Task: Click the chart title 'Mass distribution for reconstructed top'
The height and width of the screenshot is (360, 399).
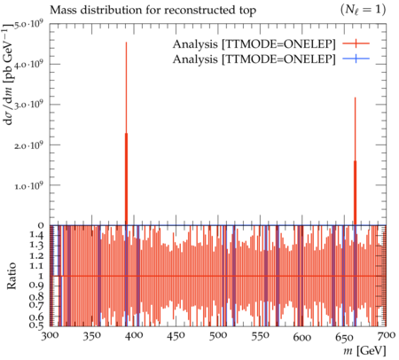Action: tap(153, 10)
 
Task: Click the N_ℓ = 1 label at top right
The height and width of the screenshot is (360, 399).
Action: tap(364, 10)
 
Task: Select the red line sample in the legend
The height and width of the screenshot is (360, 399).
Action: tap(356, 43)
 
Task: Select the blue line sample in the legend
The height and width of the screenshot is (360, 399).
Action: tap(356, 59)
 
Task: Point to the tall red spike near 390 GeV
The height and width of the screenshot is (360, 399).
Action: tap(126, 133)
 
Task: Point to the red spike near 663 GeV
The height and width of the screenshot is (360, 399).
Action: tap(355, 161)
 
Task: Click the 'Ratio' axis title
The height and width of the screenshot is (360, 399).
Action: tap(12, 276)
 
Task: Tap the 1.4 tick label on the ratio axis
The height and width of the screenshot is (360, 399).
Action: tap(37, 236)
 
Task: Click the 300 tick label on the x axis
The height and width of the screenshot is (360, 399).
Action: tap(50, 336)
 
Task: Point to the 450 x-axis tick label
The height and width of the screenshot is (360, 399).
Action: tap(176, 336)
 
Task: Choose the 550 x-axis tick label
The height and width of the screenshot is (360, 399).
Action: tap(260, 336)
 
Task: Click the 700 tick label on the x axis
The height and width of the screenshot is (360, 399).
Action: tap(386, 336)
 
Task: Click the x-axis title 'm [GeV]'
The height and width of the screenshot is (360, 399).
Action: tap(364, 351)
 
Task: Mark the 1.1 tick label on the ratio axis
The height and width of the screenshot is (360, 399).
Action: tap(37, 266)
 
